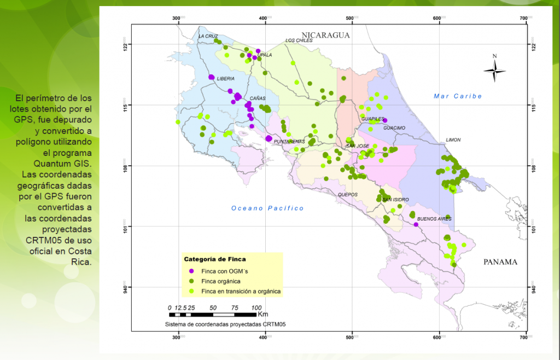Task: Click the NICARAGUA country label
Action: coord(327,35)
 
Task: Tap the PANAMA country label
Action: coord(500,262)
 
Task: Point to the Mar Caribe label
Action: coord(458,96)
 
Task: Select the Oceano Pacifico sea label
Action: coord(267,208)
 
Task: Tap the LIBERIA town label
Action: coord(225,79)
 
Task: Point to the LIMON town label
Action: coord(453,140)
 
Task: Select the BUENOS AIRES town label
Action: coord(435,219)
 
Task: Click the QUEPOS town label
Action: coord(347,195)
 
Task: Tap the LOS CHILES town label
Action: coord(299,40)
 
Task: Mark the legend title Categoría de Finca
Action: coord(215,259)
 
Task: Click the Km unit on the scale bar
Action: coord(263,315)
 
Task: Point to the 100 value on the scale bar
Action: coord(255,307)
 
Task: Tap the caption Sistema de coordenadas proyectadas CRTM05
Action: coord(225,324)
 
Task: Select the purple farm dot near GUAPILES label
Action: coord(385,120)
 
